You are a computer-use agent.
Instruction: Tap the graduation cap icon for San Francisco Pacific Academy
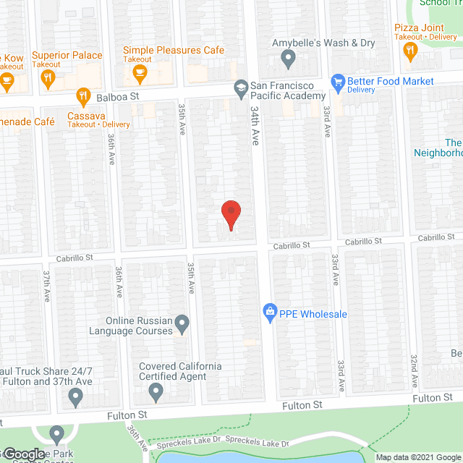pyautogui.click(x=240, y=88)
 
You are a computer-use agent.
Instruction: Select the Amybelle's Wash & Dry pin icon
pyautogui.click(x=288, y=57)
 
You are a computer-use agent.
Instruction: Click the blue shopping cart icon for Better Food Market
pyautogui.click(x=337, y=82)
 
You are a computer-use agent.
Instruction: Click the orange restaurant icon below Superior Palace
pyautogui.click(x=48, y=77)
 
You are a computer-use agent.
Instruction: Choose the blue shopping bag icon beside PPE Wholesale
pyautogui.click(x=270, y=313)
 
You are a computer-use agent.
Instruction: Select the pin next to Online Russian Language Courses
pyautogui.click(x=182, y=322)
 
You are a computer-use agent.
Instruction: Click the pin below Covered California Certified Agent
pyautogui.click(x=156, y=394)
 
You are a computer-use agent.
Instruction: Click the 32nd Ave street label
pyautogui.click(x=414, y=370)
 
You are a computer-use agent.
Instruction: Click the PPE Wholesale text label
pyautogui.click(x=314, y=314)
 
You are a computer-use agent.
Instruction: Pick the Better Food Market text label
pyautogui.click(x=391, y=81)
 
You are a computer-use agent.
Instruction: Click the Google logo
pyautogui.click(x=24, y=454)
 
